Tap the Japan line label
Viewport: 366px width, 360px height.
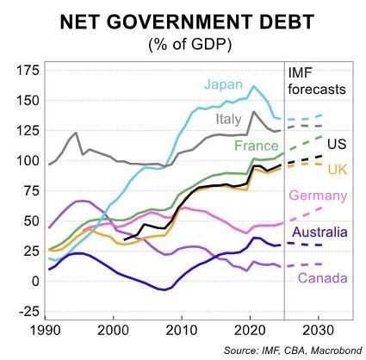pos(221,84)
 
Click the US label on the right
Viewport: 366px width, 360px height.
pos(338,141)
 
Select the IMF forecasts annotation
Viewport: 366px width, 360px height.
pos(319,80)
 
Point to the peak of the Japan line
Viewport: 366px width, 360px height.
pos(253,86)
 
